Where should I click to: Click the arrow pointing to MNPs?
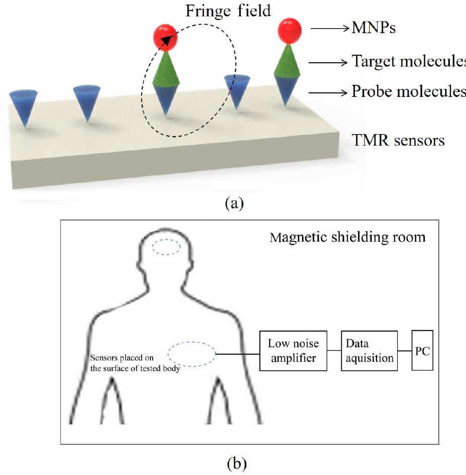point(329,29)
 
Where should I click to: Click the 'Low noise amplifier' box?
point(293,350)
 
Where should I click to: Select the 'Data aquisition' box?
point(369,350)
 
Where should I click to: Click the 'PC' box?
point(422,350)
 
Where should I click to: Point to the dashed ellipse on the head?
point(166,247)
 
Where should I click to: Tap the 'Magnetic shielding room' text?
point(347,236)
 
